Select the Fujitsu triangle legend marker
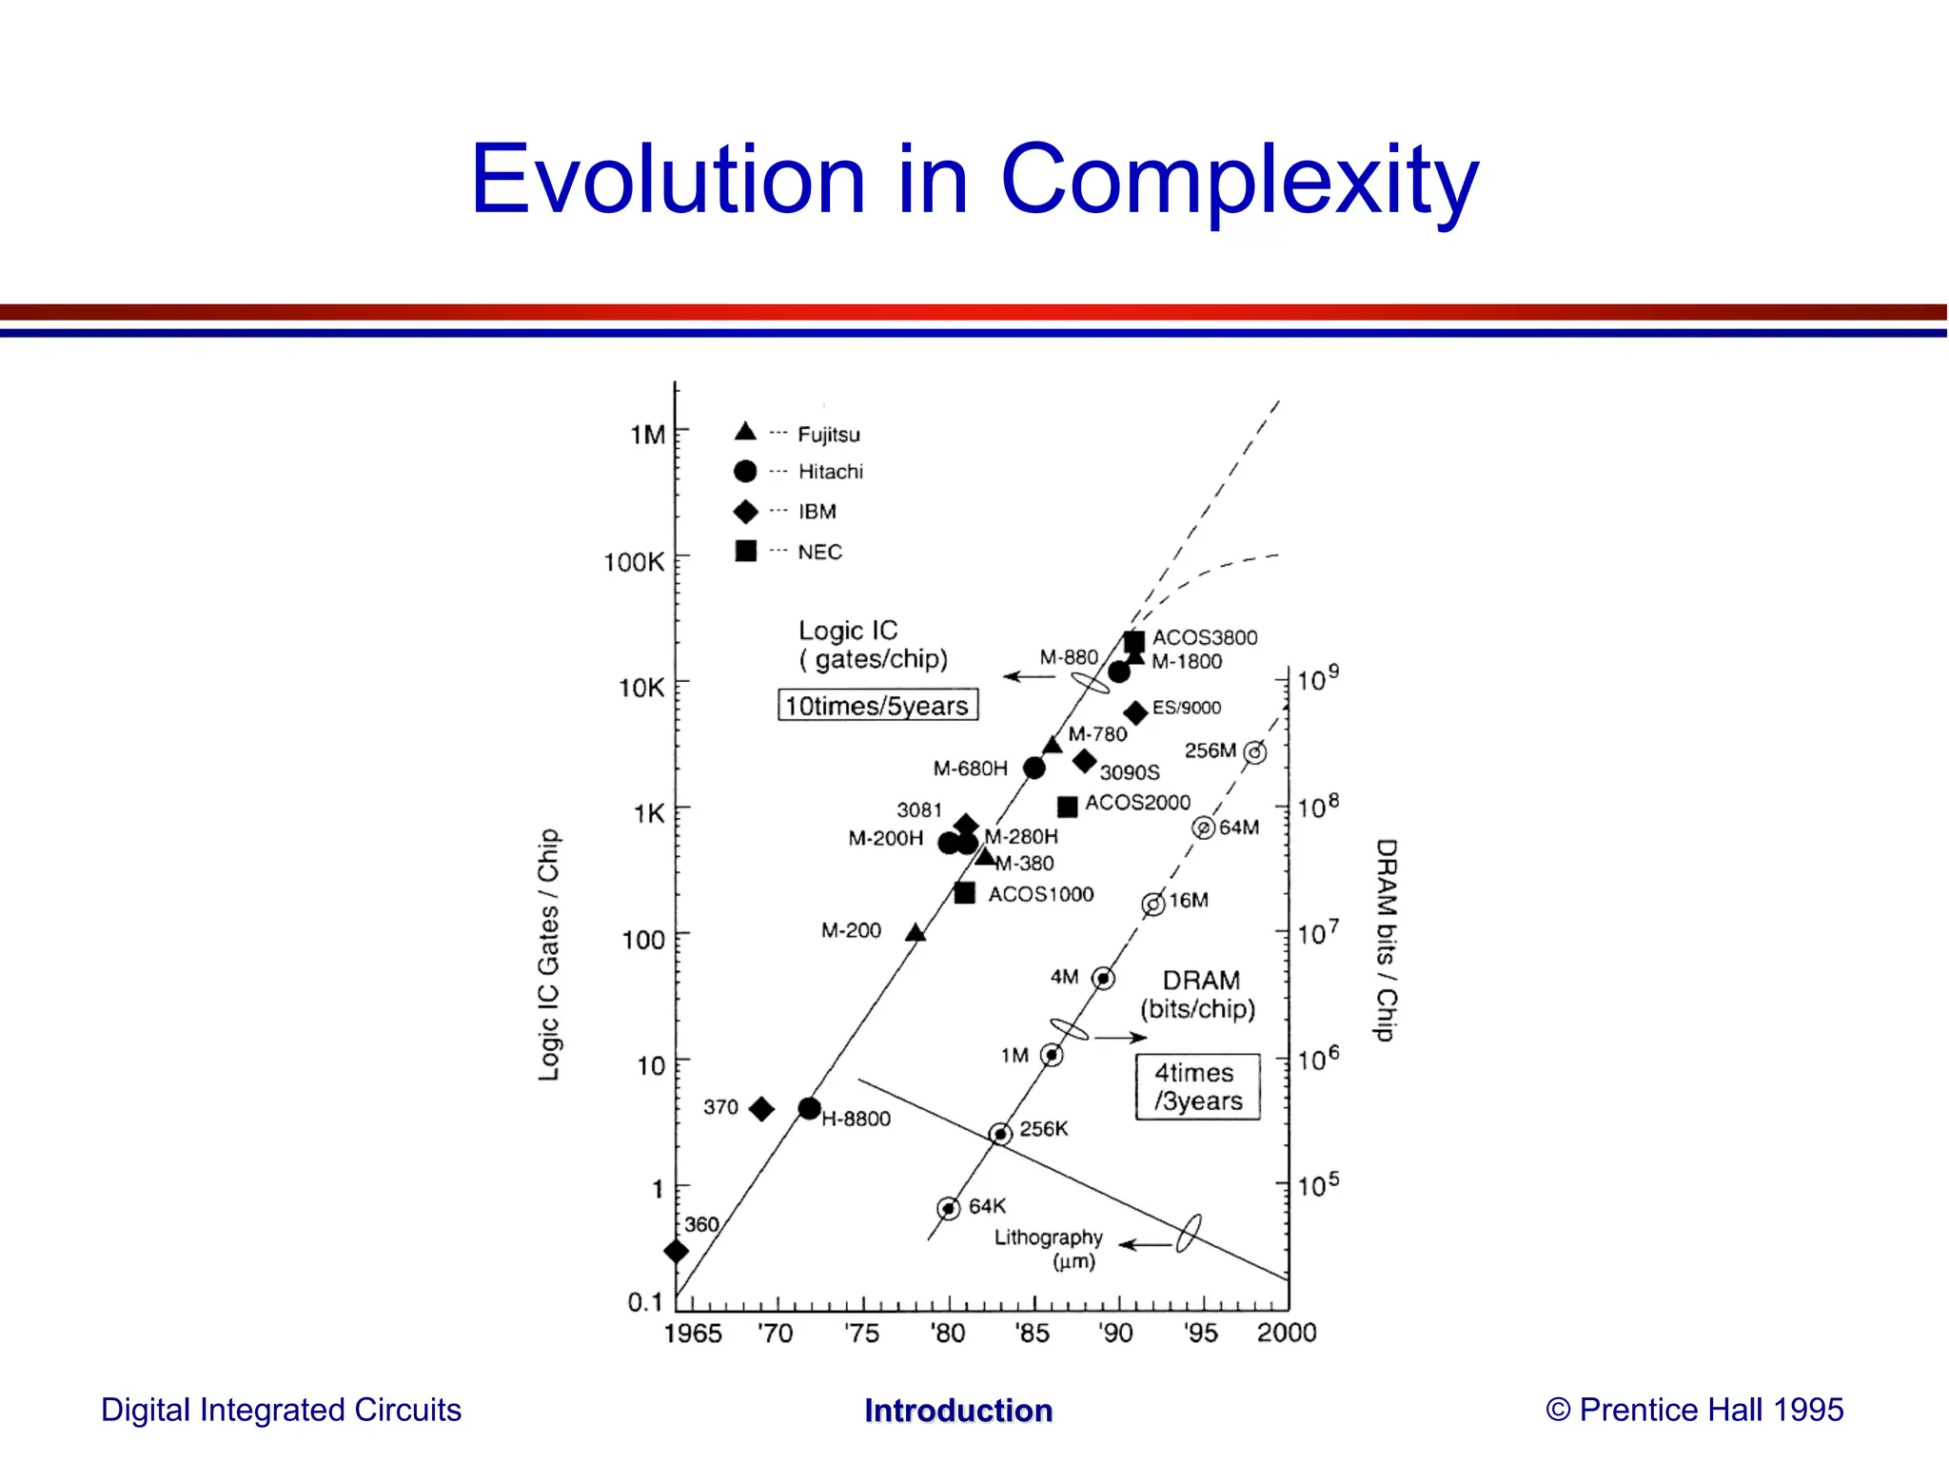[745, 433]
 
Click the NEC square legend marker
[746, 551]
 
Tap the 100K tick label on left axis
[634, 561]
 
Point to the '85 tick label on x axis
[1032, 1333]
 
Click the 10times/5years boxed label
[877, 705]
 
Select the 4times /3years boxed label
[1197, 1086]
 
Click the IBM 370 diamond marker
[761, 1108]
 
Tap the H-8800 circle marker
[809, 1108]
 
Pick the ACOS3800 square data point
[1133, 642]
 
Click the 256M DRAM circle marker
[1255, 752]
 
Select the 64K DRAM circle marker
[948, 1208]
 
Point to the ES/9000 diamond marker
[1135, 712]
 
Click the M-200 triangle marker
[915, 933]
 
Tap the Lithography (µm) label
[1049, 1248]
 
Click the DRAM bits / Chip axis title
[1387, 940]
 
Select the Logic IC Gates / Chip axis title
[549, 954]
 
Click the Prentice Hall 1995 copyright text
[1694, 1410]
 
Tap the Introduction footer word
[958, 1411]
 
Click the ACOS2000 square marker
[1068, 807]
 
